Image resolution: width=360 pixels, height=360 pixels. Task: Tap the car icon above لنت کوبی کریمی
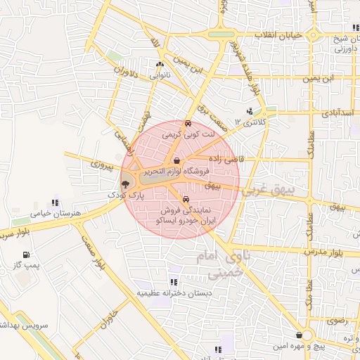coord(188,124)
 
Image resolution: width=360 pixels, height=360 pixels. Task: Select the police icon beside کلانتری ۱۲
coord(250,112)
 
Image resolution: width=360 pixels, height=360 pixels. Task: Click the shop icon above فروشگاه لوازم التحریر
coord(186,160)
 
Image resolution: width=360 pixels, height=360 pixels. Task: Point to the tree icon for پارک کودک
coord(125,184)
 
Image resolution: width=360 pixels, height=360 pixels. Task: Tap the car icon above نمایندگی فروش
coord(185,198)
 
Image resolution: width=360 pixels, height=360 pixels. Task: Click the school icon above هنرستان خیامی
coord(56,203)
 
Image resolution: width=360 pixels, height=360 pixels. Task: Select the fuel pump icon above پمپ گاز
coord(26,255)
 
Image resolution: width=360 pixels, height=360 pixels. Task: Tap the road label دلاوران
coord(122,72)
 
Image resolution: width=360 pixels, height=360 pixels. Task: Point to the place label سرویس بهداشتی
coord(21,326)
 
